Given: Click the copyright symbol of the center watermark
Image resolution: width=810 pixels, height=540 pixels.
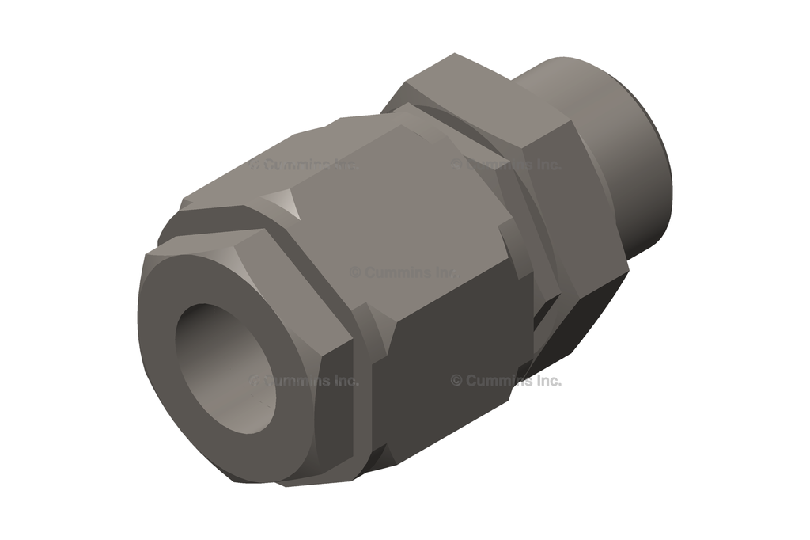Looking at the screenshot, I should click(x=356, y=272).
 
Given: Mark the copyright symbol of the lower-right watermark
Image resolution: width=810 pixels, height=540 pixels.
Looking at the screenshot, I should click(x=456, y=381).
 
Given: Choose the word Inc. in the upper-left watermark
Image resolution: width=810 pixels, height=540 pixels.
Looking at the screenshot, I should click(x=342, y=165).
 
